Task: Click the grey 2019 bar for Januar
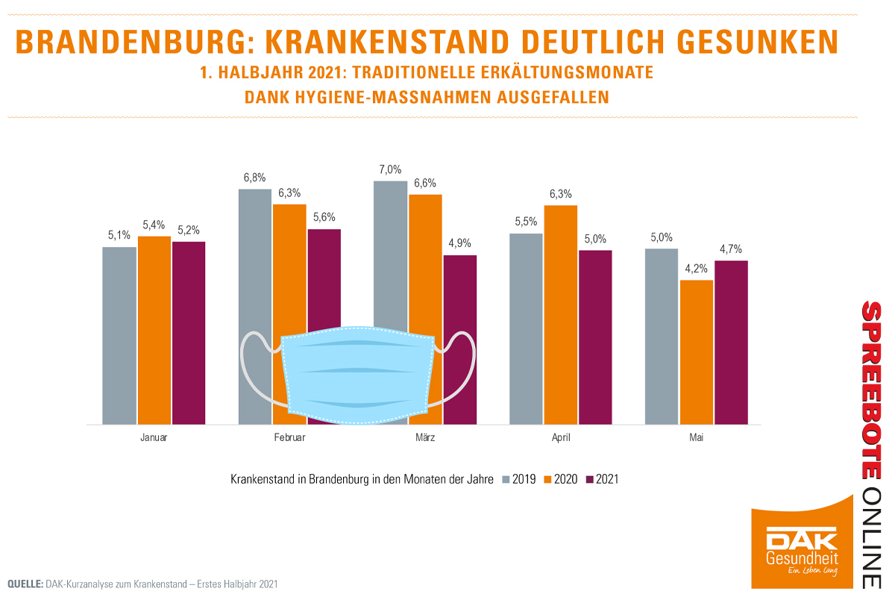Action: [x=119, y=336]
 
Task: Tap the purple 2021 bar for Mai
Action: [x=731, y=343]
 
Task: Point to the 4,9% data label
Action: [x=459, y=243]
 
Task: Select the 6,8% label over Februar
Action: [x=254, y=177]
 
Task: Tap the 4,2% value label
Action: [x=696, y=268]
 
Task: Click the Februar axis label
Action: [x=289, y=438]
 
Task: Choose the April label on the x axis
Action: [x=560, y=438]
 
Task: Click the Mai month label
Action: [x=696, y=438]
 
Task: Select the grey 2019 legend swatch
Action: [x=506, y=479]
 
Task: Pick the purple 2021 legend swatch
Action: [x=590, y=479]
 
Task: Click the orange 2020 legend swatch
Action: [x=547, y=479]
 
